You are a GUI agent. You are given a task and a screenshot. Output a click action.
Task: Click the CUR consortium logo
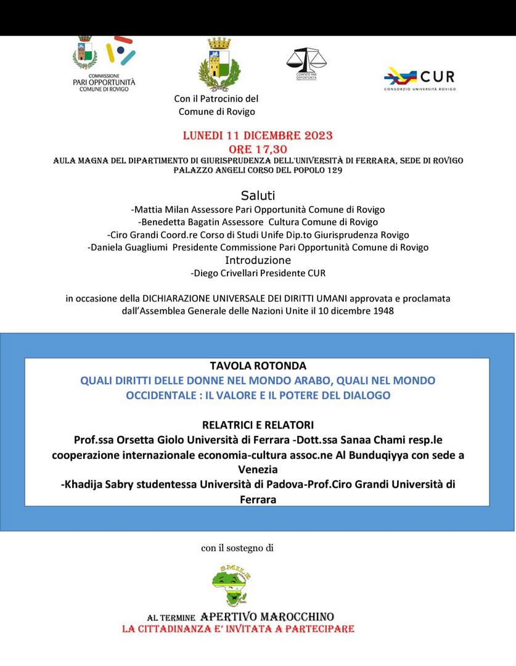tap(419, 78)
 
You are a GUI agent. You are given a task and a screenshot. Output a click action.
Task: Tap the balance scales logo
tap(306, 63)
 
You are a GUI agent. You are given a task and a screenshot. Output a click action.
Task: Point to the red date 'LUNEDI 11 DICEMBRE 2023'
tap(258, 136)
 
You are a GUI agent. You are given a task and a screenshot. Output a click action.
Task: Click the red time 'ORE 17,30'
tap(258, 149)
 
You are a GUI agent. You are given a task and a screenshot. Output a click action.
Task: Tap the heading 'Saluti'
tap(258, 195)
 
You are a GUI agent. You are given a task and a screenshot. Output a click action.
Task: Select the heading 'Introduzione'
tap(258, 260)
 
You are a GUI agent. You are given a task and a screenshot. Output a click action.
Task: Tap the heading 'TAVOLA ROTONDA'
tap(258, 366)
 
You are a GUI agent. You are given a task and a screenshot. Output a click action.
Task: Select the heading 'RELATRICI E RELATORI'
tap(258, 425)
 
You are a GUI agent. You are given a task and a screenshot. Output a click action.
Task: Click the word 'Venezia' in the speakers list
tap(258, 470)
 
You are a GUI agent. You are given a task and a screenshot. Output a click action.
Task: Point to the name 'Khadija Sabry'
tap(99, 485)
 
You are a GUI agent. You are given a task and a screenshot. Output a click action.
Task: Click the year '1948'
tap(383, 311)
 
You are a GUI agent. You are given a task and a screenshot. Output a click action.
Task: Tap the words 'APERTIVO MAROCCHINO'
tap(268, 617)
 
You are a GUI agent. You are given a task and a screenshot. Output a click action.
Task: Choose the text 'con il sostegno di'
tap(237, 547)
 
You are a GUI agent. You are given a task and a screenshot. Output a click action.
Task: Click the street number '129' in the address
tap(332, 170)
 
